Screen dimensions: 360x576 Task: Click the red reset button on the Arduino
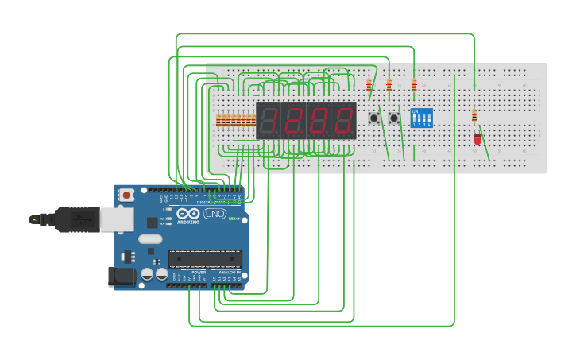tap(126, 195)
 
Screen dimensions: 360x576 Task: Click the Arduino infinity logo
tap(189, 214)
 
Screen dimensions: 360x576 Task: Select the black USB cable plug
tap(75, 219)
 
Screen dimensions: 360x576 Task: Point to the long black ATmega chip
tap(205, 258)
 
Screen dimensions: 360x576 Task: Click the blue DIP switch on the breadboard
tap(421, 118)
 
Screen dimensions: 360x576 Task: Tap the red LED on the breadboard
tap(477, 138)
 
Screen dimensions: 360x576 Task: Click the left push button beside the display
tap(373, 118)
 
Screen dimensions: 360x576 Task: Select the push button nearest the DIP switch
tap(394, 118)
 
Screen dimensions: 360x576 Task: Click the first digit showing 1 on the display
tap(269, 120)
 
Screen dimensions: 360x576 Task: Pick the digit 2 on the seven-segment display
tap(293, 120)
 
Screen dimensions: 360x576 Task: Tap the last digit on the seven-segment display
tap(343, 120)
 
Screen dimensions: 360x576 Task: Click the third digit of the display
tap(319, 120)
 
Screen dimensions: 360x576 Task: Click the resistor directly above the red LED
tap(474, 116)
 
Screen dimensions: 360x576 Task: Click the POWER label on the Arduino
tap(198, 273)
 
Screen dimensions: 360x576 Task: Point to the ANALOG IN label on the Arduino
tap(231, 273)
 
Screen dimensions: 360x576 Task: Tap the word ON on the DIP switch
tap(415, 111)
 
